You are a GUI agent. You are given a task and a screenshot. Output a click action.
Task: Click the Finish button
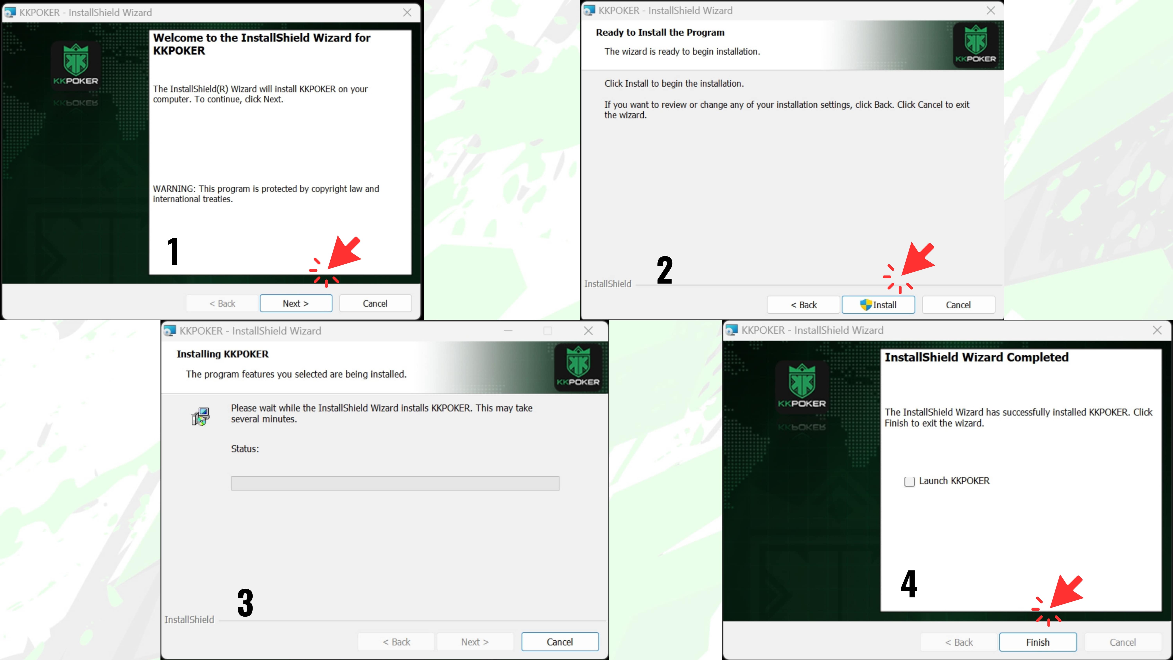tap(1038, 642)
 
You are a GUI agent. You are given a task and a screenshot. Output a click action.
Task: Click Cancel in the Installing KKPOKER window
tap(560, 642)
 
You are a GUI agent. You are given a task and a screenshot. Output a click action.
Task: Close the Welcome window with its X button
tap(407, 13)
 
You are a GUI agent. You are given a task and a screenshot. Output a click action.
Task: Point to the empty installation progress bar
tap(395, 483)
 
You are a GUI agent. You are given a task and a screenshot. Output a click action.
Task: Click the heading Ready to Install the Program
tap(660, 32)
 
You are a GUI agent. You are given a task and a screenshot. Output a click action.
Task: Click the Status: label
tap(245, 449)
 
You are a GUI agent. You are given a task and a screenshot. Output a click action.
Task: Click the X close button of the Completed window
tap(1157, 330)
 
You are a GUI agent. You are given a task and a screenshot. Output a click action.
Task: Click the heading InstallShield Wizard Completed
tap(976, 357)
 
